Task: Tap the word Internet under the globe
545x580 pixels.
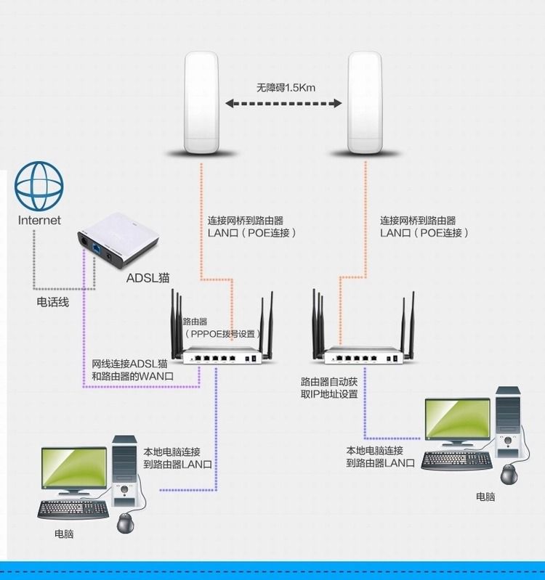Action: pos(39,220)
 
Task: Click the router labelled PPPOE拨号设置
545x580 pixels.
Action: pos(222,356)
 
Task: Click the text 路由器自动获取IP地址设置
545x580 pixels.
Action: pos(329,387)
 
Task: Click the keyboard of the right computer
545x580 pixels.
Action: pos(455,459)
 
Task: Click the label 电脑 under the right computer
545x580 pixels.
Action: pos(485,497)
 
